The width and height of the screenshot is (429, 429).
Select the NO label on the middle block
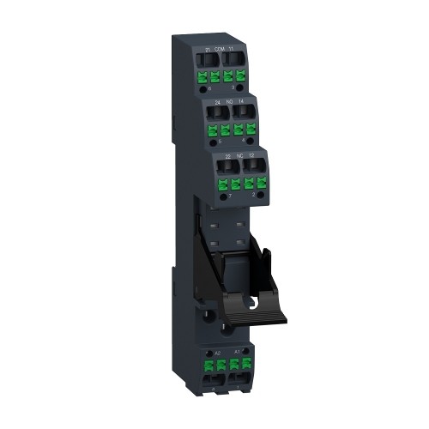(x=227, y=102)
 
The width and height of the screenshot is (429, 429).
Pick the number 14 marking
(x=240, y=102)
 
